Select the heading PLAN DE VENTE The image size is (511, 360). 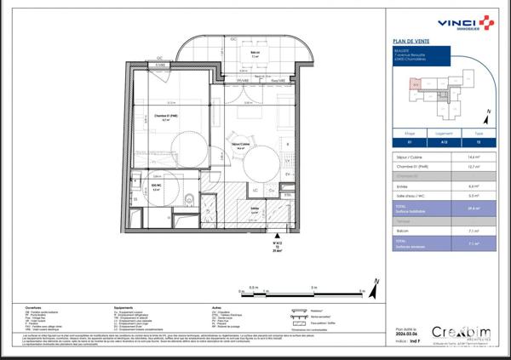tap(412, 41)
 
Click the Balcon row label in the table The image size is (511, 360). tap(403, 229)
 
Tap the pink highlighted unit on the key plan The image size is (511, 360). tap(416, 84)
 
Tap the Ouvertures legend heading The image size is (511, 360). tap(34, 308)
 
